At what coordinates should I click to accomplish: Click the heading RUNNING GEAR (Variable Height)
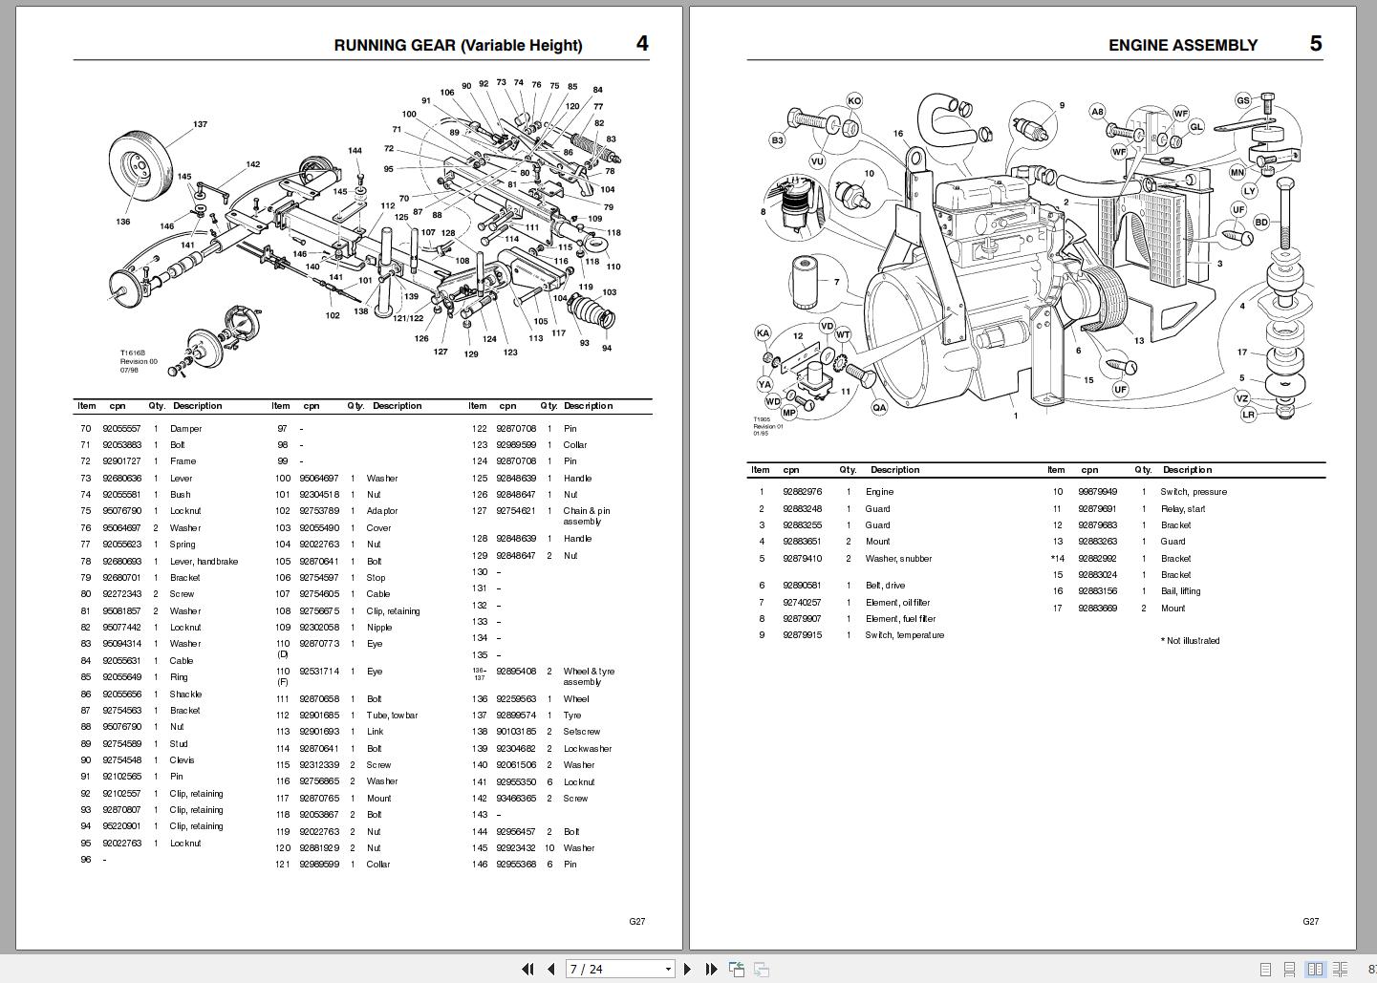point(458,45)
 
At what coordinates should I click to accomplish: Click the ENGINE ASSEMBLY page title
point(1182,45)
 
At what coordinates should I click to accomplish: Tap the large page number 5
point(1315,44)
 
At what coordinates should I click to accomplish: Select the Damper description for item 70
point(185,429)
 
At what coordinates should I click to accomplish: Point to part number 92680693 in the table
point(121,562)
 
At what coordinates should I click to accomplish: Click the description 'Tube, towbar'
point(392,716)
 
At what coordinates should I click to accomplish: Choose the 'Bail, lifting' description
point(1180,591)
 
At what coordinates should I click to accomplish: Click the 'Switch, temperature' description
point(904,635)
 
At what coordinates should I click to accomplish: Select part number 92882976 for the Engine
point(802,492)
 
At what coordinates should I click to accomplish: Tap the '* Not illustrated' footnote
point(1190,641)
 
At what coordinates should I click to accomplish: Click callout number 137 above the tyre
point(200,124)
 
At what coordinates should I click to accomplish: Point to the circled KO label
point(853,100)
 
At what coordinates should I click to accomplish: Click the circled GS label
point(1242,100)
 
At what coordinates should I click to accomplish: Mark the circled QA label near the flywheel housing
point(878,407)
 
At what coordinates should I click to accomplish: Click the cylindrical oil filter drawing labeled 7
point(806,284)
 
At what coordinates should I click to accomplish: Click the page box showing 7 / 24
point(619,969)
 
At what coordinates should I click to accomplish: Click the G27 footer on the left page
point(636,922)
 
